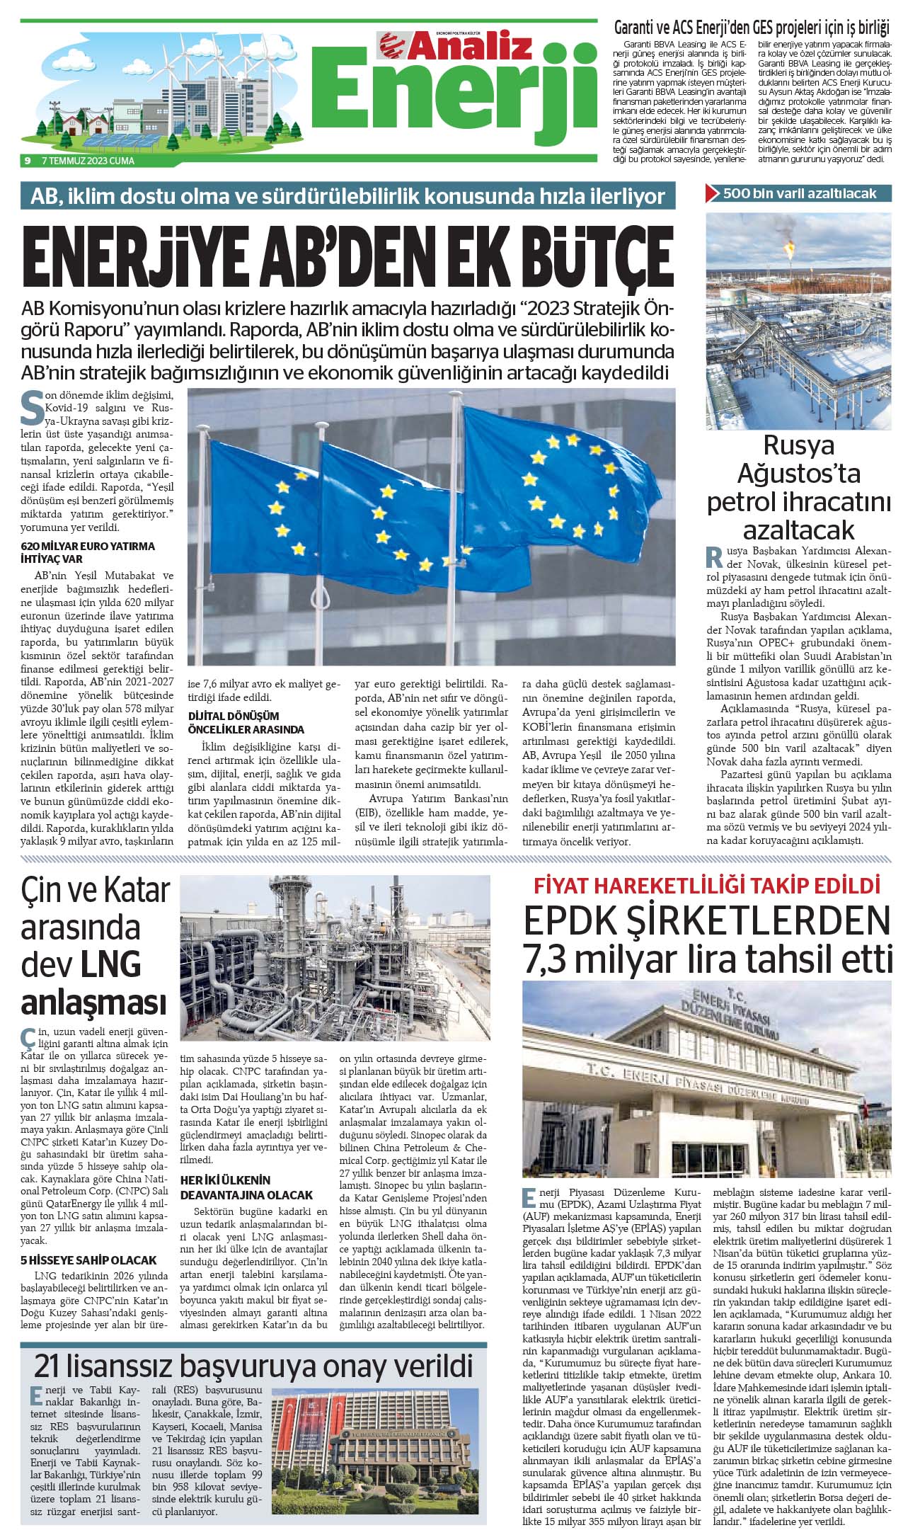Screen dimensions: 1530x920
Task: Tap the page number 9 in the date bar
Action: [x=27, y=161]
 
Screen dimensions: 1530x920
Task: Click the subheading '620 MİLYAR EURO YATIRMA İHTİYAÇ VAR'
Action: [x=88, y=552]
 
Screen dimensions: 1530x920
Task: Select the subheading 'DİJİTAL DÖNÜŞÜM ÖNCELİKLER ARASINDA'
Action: [x=246, y=722]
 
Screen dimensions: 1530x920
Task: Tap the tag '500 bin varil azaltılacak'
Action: [x=799, y=193]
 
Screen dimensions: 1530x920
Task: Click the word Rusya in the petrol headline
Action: [x=799, y=445]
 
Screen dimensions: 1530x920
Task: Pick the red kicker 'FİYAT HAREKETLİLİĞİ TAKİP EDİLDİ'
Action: [x=706, y=885]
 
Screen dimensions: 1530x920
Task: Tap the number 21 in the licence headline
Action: [x=56, y=1364]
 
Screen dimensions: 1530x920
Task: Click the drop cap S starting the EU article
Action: [x=33, y=406]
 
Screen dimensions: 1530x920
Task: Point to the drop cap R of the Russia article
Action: [x=715, y=557]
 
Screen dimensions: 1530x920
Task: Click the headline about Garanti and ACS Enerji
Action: [x=751, y=28]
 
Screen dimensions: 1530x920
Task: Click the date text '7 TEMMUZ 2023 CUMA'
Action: [x=88, y=161]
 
